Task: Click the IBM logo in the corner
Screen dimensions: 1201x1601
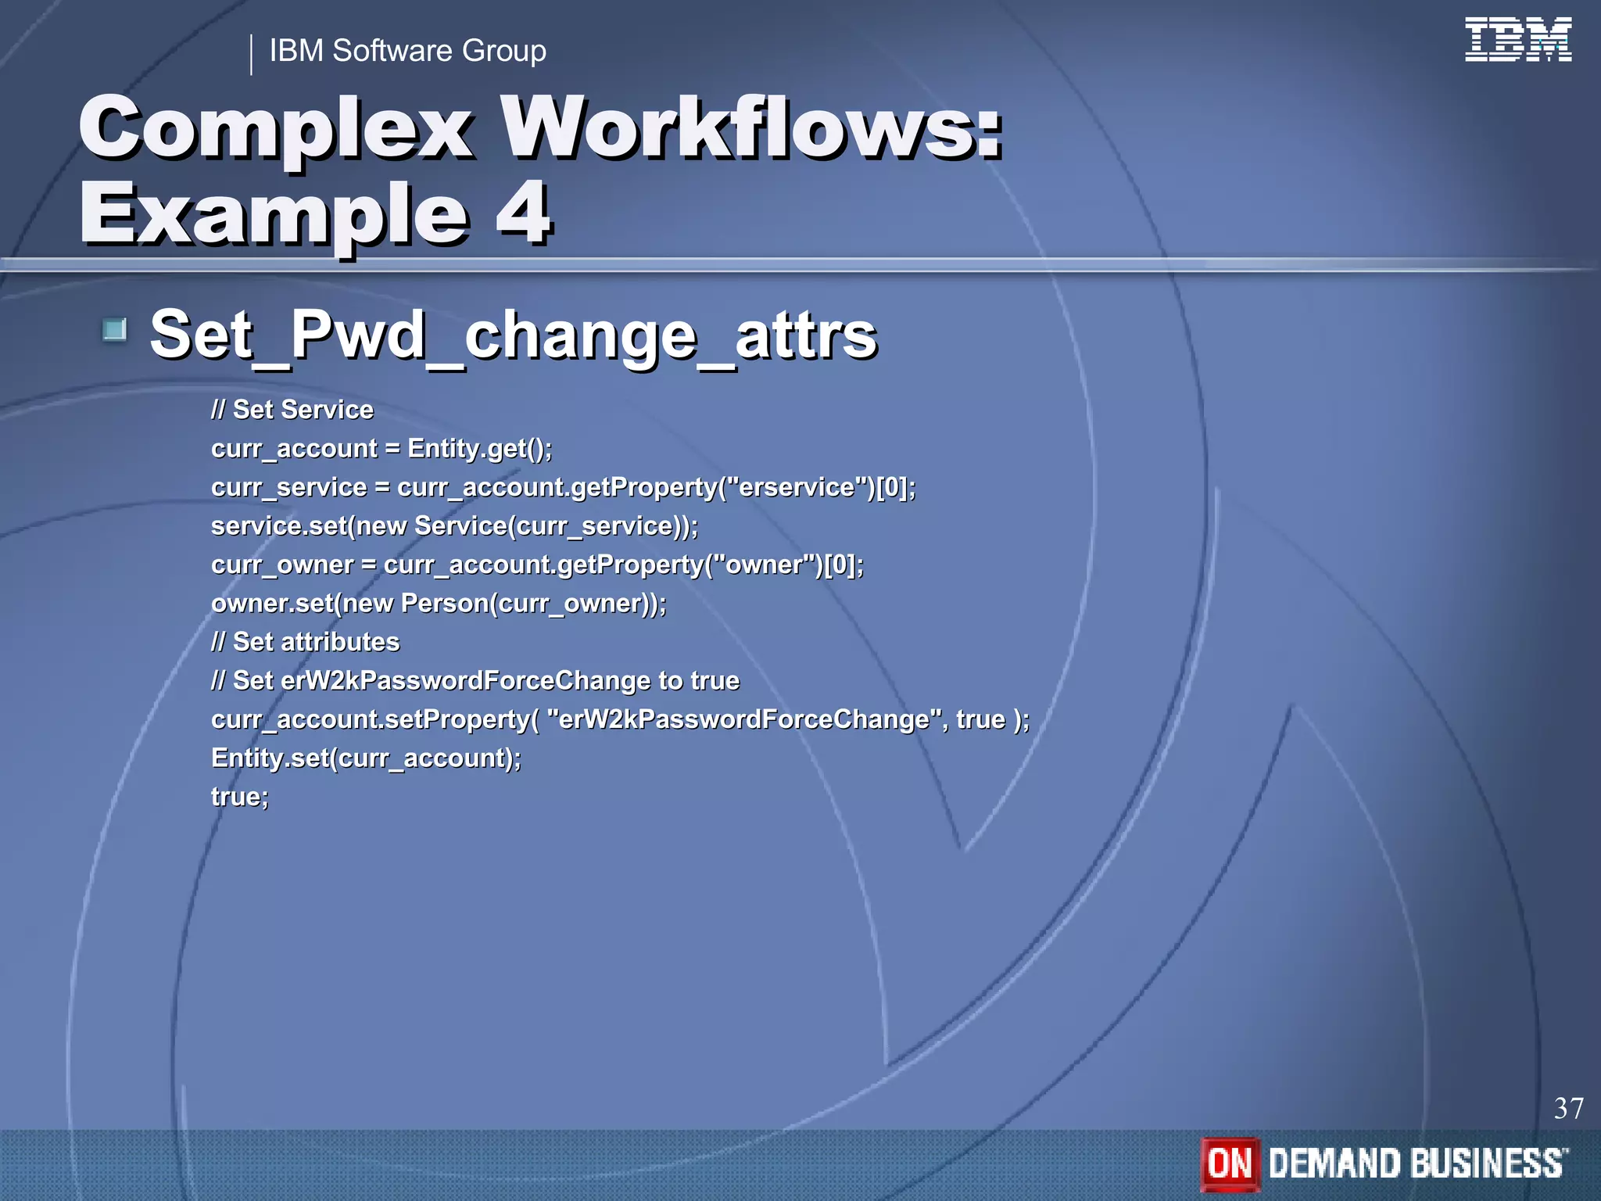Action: pyautogui.click(x=1517, y=40)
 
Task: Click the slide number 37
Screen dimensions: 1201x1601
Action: pyautogui.click(x=1568, y=1108)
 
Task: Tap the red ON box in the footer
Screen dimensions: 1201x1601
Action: pyautogui.click(x=1230, y=1163)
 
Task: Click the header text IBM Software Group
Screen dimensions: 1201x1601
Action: pyautogui.click(x=407, y=51)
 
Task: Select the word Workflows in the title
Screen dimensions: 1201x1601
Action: pyautogui.click(x=750, y=127)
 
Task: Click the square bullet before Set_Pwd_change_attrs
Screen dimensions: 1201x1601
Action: pyautogui.click(x=115, y=330)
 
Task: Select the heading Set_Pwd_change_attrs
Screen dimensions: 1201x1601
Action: pyautogui.click(x=514, y=335)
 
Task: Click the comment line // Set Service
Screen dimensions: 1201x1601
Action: pyautogui.click(x=292, y=410)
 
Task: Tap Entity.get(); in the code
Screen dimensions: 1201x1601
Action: pyautogui.click(x=479, y=449)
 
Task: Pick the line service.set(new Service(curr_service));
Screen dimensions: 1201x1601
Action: pyautogui.click(x=454, y=525)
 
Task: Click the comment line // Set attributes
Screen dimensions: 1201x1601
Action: pyautogui.click(x=306, y=642)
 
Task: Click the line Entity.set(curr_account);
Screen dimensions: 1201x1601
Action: pyautogui.click(x=366, y=758)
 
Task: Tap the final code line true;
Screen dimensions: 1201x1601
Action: pyautogui.click(x=240, y=797)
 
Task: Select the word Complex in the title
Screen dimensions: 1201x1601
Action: pyautogui.click(x=276, y=127)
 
